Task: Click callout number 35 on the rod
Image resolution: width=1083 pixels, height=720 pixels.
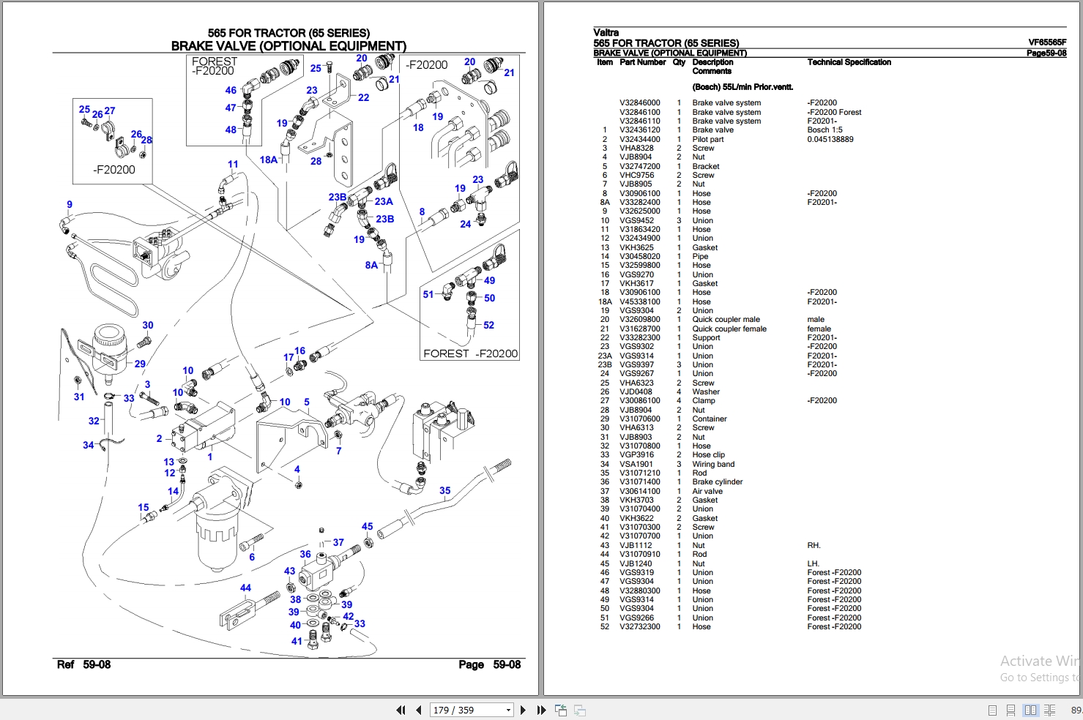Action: (x=444, y=490)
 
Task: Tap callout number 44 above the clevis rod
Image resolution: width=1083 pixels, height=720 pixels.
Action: (x=245, y=588)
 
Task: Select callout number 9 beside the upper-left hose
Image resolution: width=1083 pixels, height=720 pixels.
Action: (x=70, y=204)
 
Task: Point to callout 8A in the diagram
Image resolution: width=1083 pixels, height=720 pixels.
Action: (x=371, y=265)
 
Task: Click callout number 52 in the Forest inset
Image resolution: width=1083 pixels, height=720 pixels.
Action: (x=489, y=325)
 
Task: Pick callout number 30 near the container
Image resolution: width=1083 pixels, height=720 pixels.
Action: (x=148, y=325)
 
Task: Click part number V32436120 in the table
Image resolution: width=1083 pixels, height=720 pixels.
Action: (x=640, y=130)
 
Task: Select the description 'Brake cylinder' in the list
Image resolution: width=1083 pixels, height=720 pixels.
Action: (x=717, y=481)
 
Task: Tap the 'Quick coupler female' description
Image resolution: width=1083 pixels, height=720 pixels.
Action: (x=729, y=329)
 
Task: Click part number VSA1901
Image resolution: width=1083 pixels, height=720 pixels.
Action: (x=636, y=464)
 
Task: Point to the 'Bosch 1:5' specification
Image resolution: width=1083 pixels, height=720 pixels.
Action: (x=825, y=130)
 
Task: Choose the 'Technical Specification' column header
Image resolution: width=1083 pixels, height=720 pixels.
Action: (x=849, y=62)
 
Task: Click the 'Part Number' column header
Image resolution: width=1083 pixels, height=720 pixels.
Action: (x=642, y=62)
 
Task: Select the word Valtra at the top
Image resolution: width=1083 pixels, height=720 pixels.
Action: (x=606, y=32)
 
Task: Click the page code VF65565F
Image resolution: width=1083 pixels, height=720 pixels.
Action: (x=1047, y=42)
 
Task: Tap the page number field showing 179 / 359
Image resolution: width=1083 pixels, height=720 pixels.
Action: (x=471, y=710)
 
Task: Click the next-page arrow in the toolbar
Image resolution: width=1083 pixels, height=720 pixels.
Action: (x=523, y=710)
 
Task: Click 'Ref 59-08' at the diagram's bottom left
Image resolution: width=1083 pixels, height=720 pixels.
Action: (x=83, y=664)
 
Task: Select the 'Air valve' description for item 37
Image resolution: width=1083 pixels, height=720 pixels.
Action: (x=707, y=491)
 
